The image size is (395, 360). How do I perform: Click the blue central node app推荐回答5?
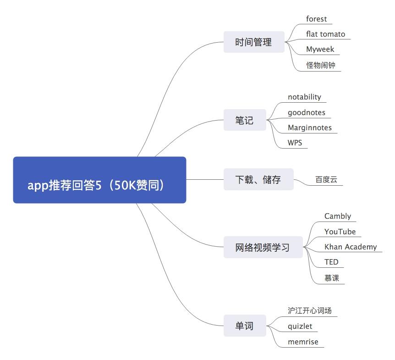click(99, 180)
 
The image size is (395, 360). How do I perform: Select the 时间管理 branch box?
click(253, 42)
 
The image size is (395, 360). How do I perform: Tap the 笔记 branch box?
click(244, 121)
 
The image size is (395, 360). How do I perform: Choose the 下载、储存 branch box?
click(258, 180)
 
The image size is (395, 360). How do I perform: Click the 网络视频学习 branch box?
click(263, 248)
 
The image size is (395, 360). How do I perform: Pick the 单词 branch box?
click(244, 326)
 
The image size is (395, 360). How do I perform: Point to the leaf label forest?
click(317, 19)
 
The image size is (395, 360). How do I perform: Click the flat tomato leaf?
click(325, 34)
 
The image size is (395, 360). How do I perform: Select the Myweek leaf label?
click(320, 49)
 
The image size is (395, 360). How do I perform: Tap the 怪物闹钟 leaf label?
click(321, 65)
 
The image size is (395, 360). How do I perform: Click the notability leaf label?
click(304, 97)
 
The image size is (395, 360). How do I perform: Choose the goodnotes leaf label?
click(307, 112)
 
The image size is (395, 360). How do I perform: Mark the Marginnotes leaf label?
click(310, 127)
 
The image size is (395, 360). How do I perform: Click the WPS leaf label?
click(295, 143)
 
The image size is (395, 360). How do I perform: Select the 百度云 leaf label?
click(326, 180)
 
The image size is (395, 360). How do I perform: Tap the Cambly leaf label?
click(338, 216)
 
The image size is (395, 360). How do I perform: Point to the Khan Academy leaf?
click(351, 247)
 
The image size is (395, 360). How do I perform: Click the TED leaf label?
click(331, 262)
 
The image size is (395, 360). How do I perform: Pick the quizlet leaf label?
click(300, 326)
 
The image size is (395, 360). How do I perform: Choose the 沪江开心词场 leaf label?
click(310, 310)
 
